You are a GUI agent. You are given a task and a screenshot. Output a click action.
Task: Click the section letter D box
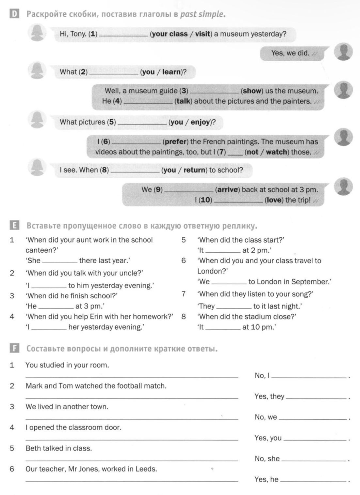14,14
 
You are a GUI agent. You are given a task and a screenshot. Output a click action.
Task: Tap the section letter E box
14,226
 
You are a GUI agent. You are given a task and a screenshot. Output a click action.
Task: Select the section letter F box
14,348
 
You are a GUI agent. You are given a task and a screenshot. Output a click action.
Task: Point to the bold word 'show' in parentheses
252,91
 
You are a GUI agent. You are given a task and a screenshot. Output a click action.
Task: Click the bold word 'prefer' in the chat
176,142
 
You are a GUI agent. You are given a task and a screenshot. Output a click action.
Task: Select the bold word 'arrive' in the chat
228,189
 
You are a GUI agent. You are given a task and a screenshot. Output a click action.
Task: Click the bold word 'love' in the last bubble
273,200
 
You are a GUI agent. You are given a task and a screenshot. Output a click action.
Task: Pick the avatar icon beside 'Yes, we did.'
343,52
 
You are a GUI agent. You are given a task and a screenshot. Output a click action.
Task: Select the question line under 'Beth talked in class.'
132,460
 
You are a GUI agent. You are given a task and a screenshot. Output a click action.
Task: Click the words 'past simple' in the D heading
202,14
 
